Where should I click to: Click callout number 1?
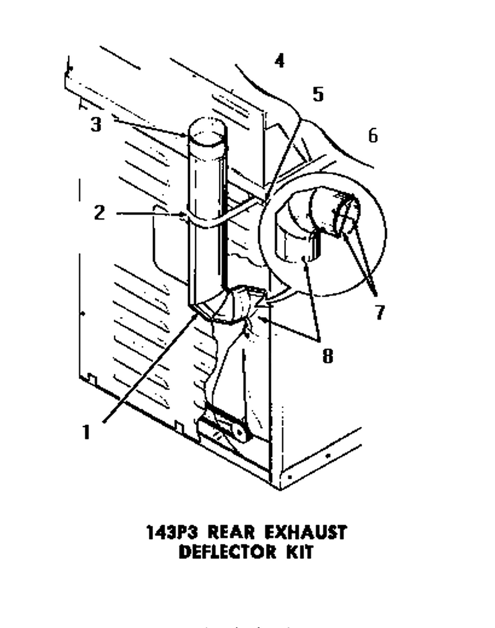86,432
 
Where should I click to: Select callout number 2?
100,212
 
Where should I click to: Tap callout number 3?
96,125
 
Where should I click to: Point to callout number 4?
280,61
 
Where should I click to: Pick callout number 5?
318,95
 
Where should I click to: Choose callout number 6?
372,135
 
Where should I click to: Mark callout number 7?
380,312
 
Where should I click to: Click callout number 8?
328,355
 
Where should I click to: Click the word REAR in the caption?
233,533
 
